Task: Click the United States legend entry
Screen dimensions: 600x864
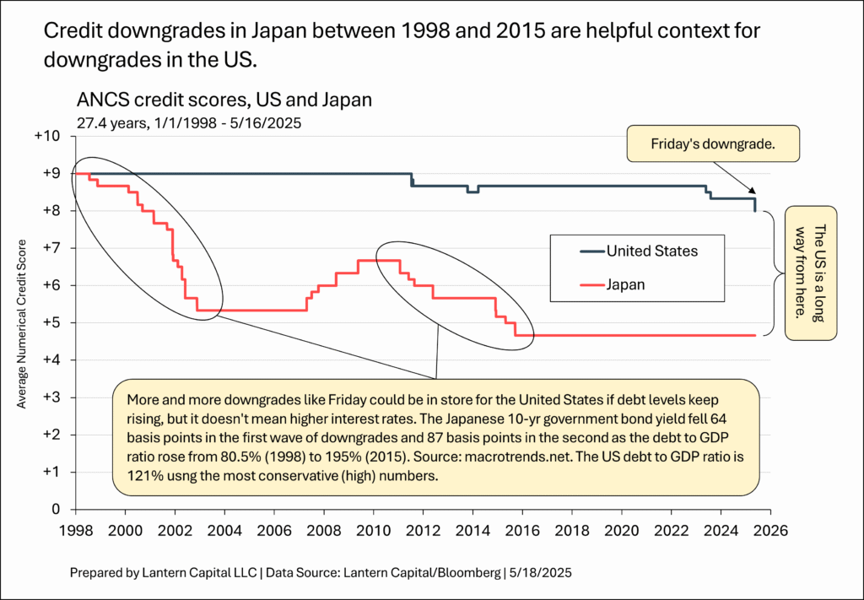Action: coord(652,251)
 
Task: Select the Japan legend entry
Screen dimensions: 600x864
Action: coord(625,284)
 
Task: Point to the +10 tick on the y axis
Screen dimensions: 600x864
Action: coord(48,137)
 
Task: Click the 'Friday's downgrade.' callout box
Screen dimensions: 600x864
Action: coord(713,144)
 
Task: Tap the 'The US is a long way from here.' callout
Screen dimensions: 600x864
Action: coord(811,273)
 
